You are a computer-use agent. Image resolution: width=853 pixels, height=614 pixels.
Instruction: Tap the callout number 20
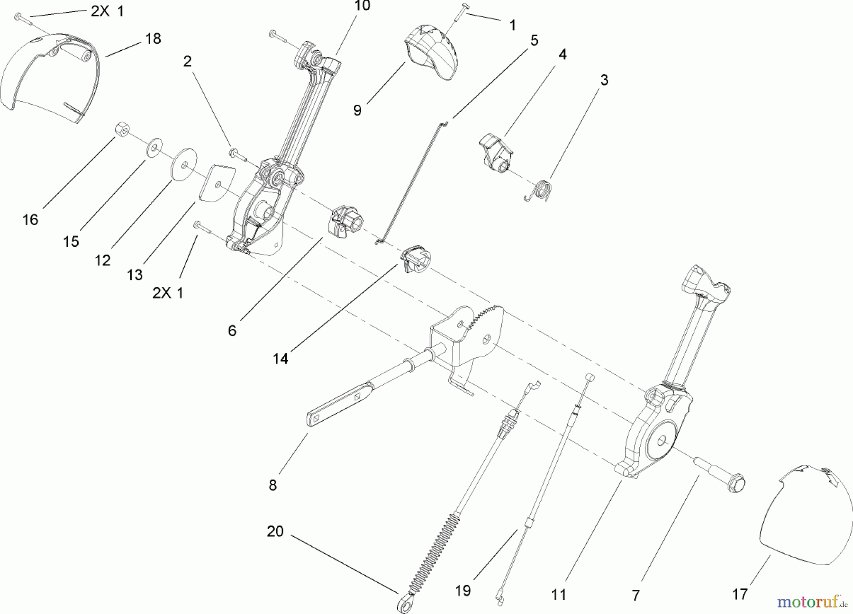(275, 532)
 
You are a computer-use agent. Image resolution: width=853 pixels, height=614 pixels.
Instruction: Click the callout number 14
(280, 359)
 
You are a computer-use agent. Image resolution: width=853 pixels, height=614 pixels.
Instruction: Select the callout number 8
(272, 486)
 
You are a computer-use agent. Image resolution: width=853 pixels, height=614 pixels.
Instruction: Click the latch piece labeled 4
(495, 149)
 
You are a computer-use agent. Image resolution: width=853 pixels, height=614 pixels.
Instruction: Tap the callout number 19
(463, 591)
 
